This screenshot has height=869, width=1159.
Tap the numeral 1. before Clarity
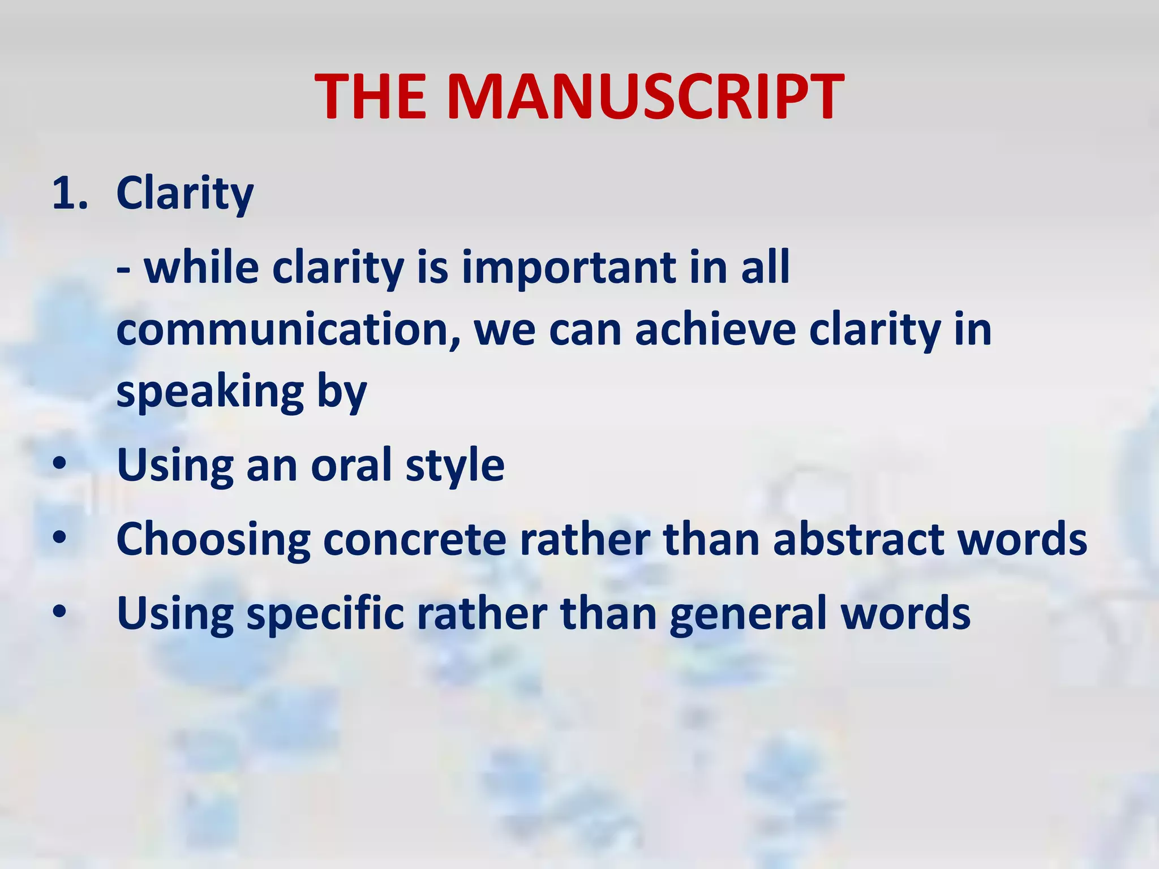click(x=70, y=193)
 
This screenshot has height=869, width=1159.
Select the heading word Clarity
click(x=184, y=193)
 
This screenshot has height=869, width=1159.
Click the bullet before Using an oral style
click(x=60, y=465)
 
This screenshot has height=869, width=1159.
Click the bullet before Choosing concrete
click(x=60, y=539)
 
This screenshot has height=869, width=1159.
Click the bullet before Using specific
click(x=60, y=613)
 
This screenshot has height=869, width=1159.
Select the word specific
click(x=325, y=613)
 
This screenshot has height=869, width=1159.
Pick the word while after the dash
click(x=201, y=267)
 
